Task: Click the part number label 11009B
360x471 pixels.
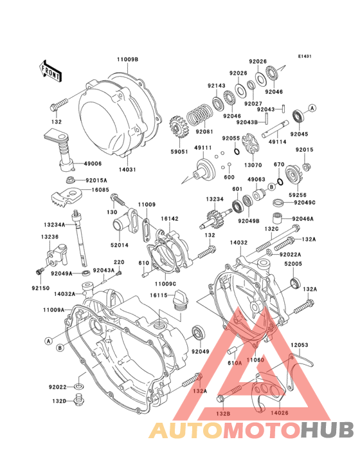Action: [127, 59]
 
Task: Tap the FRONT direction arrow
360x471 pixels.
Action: [51, 69]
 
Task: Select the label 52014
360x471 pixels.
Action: [119, 245]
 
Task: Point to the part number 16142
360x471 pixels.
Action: [170, 219]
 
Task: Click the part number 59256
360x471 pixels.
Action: [297, 194]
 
